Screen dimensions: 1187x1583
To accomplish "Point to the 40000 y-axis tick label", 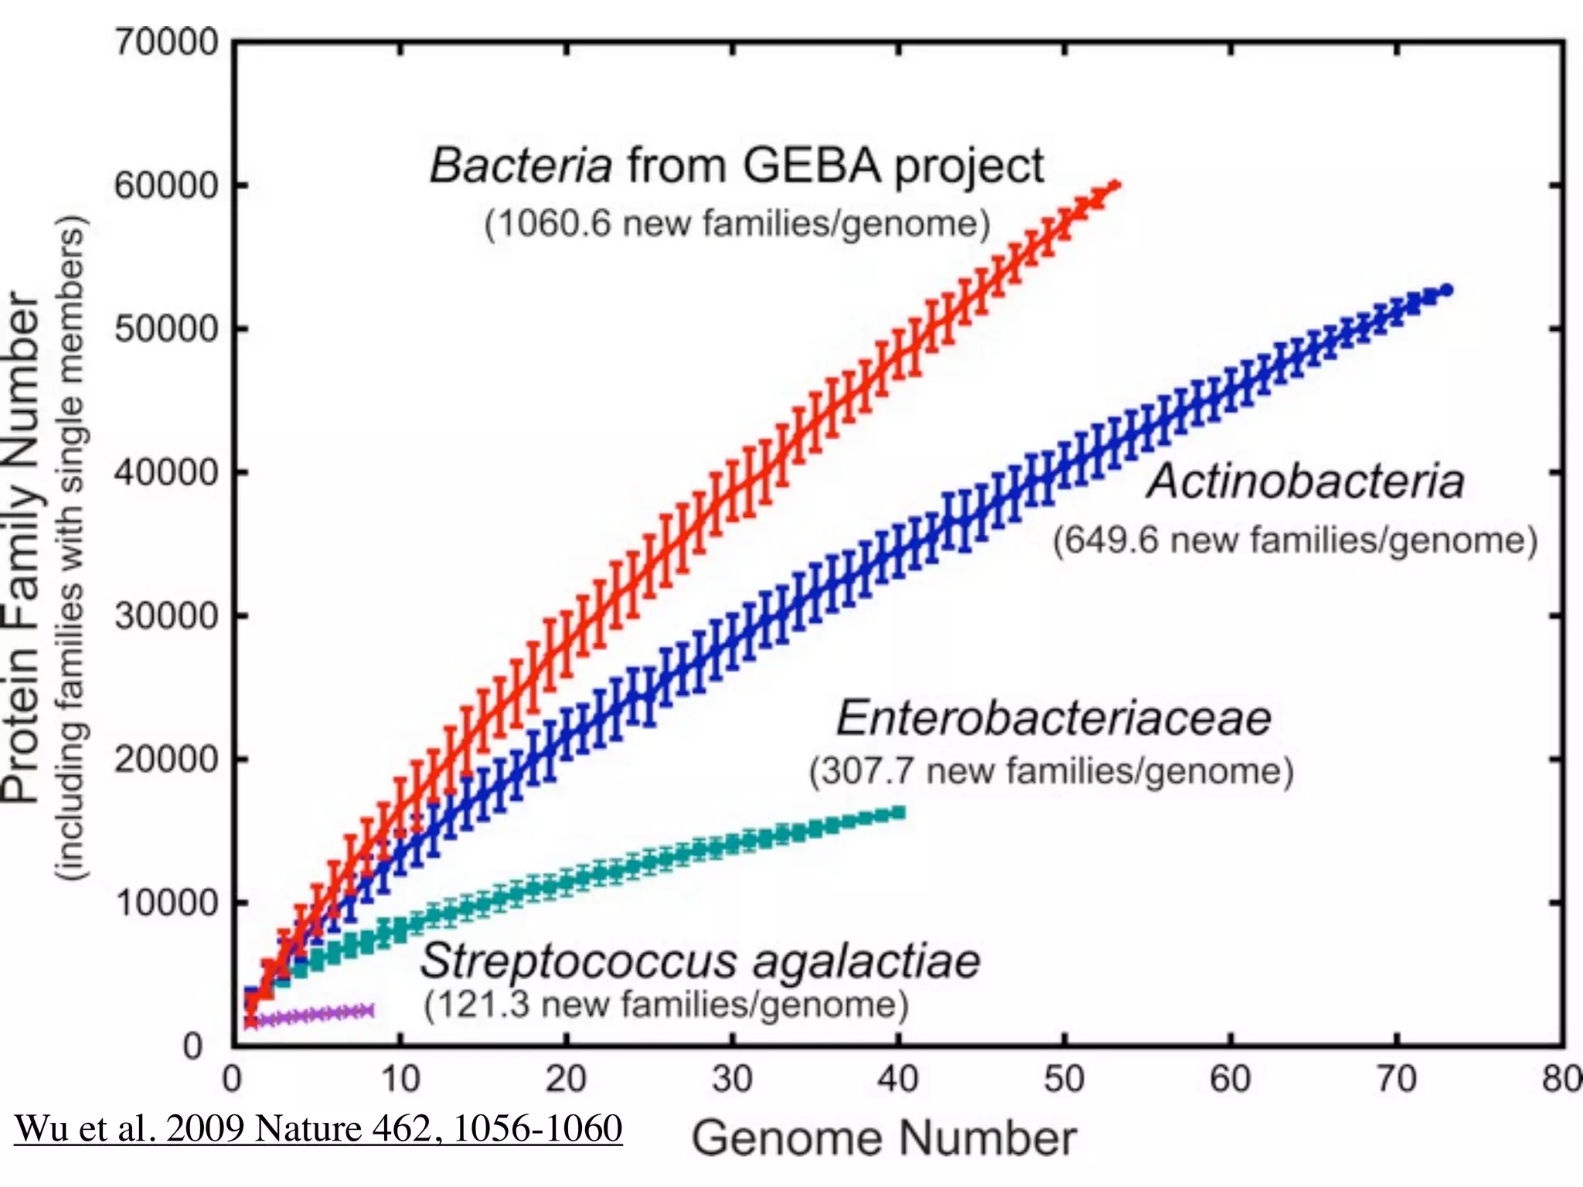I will tap(167, 472).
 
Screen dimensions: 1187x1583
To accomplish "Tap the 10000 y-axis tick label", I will tap(167, 903).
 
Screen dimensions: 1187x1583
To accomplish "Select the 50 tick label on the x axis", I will tap(1064, 1080).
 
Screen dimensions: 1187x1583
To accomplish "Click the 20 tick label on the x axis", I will tap(566, 1080).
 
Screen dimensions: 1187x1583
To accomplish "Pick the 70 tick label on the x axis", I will tap(1396, 1080).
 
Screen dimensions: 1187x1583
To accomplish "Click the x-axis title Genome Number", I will tap(883, 1138).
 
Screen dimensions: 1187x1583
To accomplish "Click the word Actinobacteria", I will tap(1306, 481).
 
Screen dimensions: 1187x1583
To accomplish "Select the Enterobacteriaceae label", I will tap(1054, 718).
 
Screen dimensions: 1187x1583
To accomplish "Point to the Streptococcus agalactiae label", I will tap(700, 961).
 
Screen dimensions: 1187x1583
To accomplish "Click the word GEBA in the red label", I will tap(812, 165).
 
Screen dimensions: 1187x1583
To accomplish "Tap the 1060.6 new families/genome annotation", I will tap(737, 224).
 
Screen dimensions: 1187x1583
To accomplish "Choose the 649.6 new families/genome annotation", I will tap(1295, 539).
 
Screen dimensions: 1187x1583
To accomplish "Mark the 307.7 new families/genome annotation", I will tap(1051, 771).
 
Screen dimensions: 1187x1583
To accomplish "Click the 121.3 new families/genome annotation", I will tap(666, 1005).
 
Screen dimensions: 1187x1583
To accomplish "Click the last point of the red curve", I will tap(1114, 185).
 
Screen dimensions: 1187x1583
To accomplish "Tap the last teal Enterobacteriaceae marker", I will tap(898, 812).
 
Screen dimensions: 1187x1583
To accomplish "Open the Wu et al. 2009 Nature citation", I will tap(318, 1128).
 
